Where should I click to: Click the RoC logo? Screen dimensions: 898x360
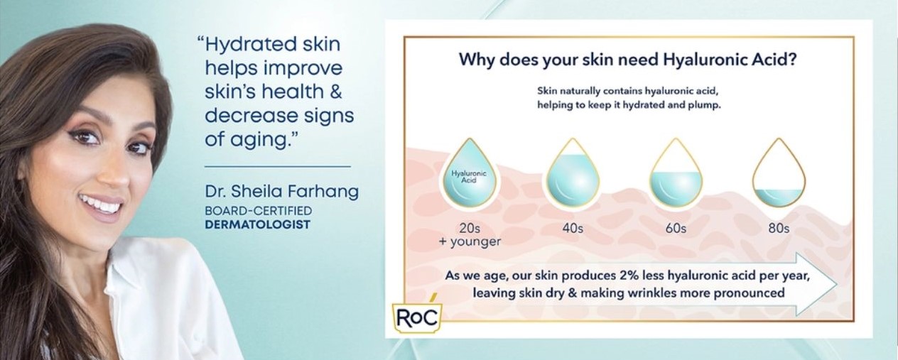pos(416,317)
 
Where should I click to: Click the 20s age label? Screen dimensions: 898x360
pos(470,228)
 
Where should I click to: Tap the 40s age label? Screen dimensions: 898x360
pos(573,228)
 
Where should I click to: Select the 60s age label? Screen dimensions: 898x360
pos(676,228)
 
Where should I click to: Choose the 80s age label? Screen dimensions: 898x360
pos(779,228)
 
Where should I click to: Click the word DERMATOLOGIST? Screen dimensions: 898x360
pos(257,224)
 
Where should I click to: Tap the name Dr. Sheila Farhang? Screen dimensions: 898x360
pos(282,191)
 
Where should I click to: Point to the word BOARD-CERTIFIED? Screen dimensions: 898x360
pos(258,211)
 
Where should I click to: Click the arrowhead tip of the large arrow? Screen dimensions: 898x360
pos(837,284)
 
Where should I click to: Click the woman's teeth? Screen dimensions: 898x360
pos(101,203)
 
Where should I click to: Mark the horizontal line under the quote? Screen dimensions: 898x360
pos(277,166)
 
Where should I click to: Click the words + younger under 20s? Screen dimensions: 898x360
pos(470,241)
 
